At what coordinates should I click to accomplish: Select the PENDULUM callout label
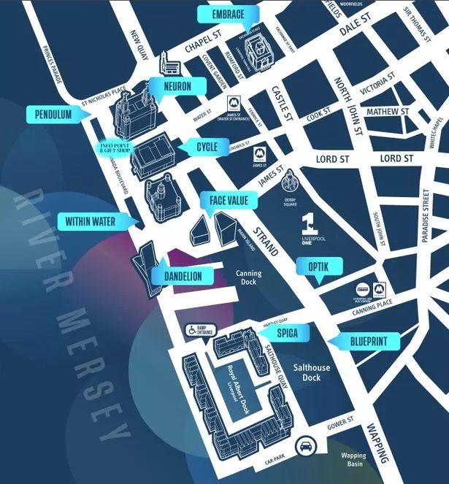52,115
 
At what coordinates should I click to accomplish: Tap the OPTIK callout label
318,267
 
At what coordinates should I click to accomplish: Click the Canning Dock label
248,280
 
